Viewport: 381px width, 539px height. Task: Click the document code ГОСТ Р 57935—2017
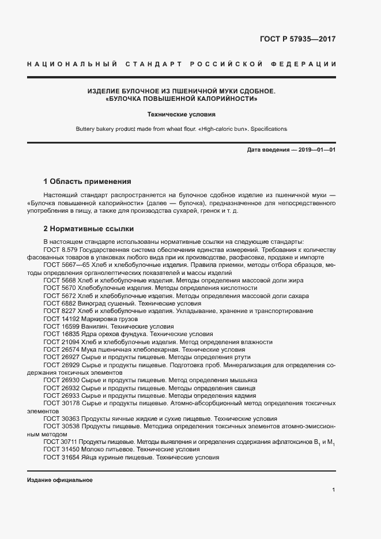297,40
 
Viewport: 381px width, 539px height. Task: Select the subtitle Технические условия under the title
181,115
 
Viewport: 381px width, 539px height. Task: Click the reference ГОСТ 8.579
62,249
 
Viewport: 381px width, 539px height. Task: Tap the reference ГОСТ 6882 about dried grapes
59,303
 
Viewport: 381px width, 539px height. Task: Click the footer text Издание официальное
59,480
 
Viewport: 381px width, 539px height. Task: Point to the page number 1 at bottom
334,490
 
